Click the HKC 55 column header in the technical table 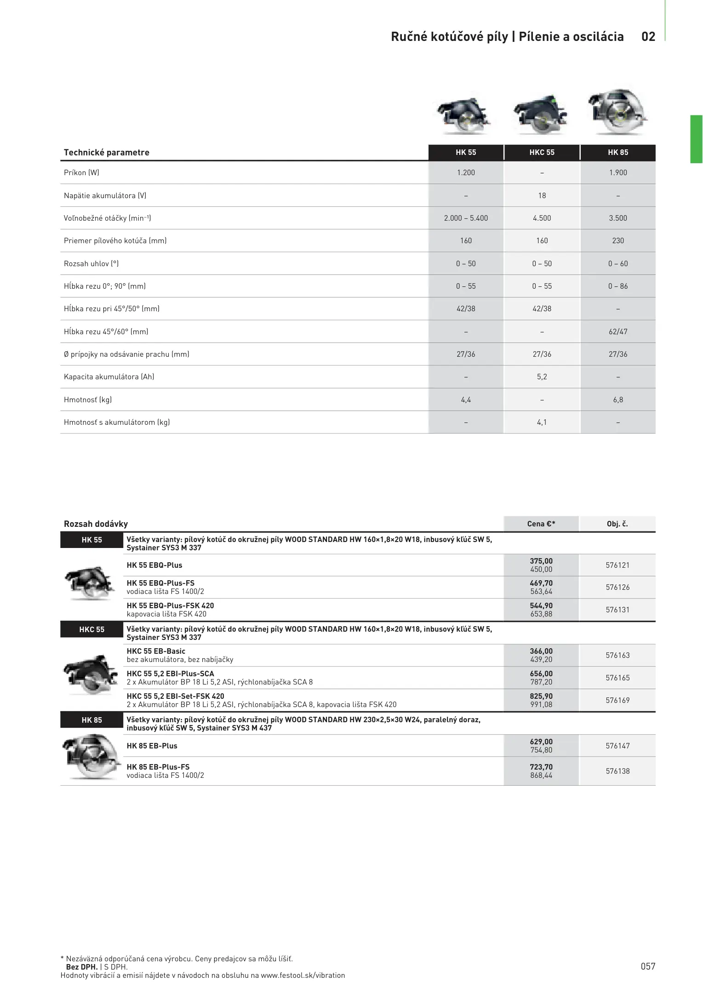(x=542, y=153)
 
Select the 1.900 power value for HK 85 (x=617, y=173)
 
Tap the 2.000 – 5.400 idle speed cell (x=466, y=218)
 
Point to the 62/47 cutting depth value (x=617, y=332)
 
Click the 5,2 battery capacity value (x=542, y=377)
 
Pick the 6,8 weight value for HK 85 (x=617, y=400)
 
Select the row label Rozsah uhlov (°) (x=91, y=264)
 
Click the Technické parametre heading (x=107, y=153)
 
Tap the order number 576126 (x=617, y=588)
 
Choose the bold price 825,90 (x=541, y=696)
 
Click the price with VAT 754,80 (x=541, y=750)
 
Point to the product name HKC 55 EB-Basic (x=156, y=651)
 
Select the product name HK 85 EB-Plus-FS (x=158, y=767)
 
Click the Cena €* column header (x=541, y=524)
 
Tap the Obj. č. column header (x=617, y=524)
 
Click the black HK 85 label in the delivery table (x=91, y=720)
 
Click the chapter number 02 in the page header (x=648, y=37)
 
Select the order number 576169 (x=617, y=701)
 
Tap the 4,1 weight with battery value (x=542, y=422)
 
